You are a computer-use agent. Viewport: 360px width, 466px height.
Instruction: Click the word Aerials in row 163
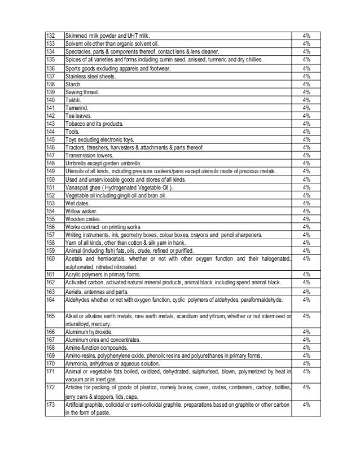(74, 292)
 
